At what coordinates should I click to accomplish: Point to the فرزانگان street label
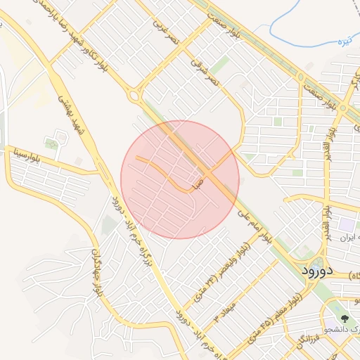pyautogui.click(x=294, y=344)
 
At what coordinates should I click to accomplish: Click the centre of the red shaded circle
pyautogui.click(x=180, y=179)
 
